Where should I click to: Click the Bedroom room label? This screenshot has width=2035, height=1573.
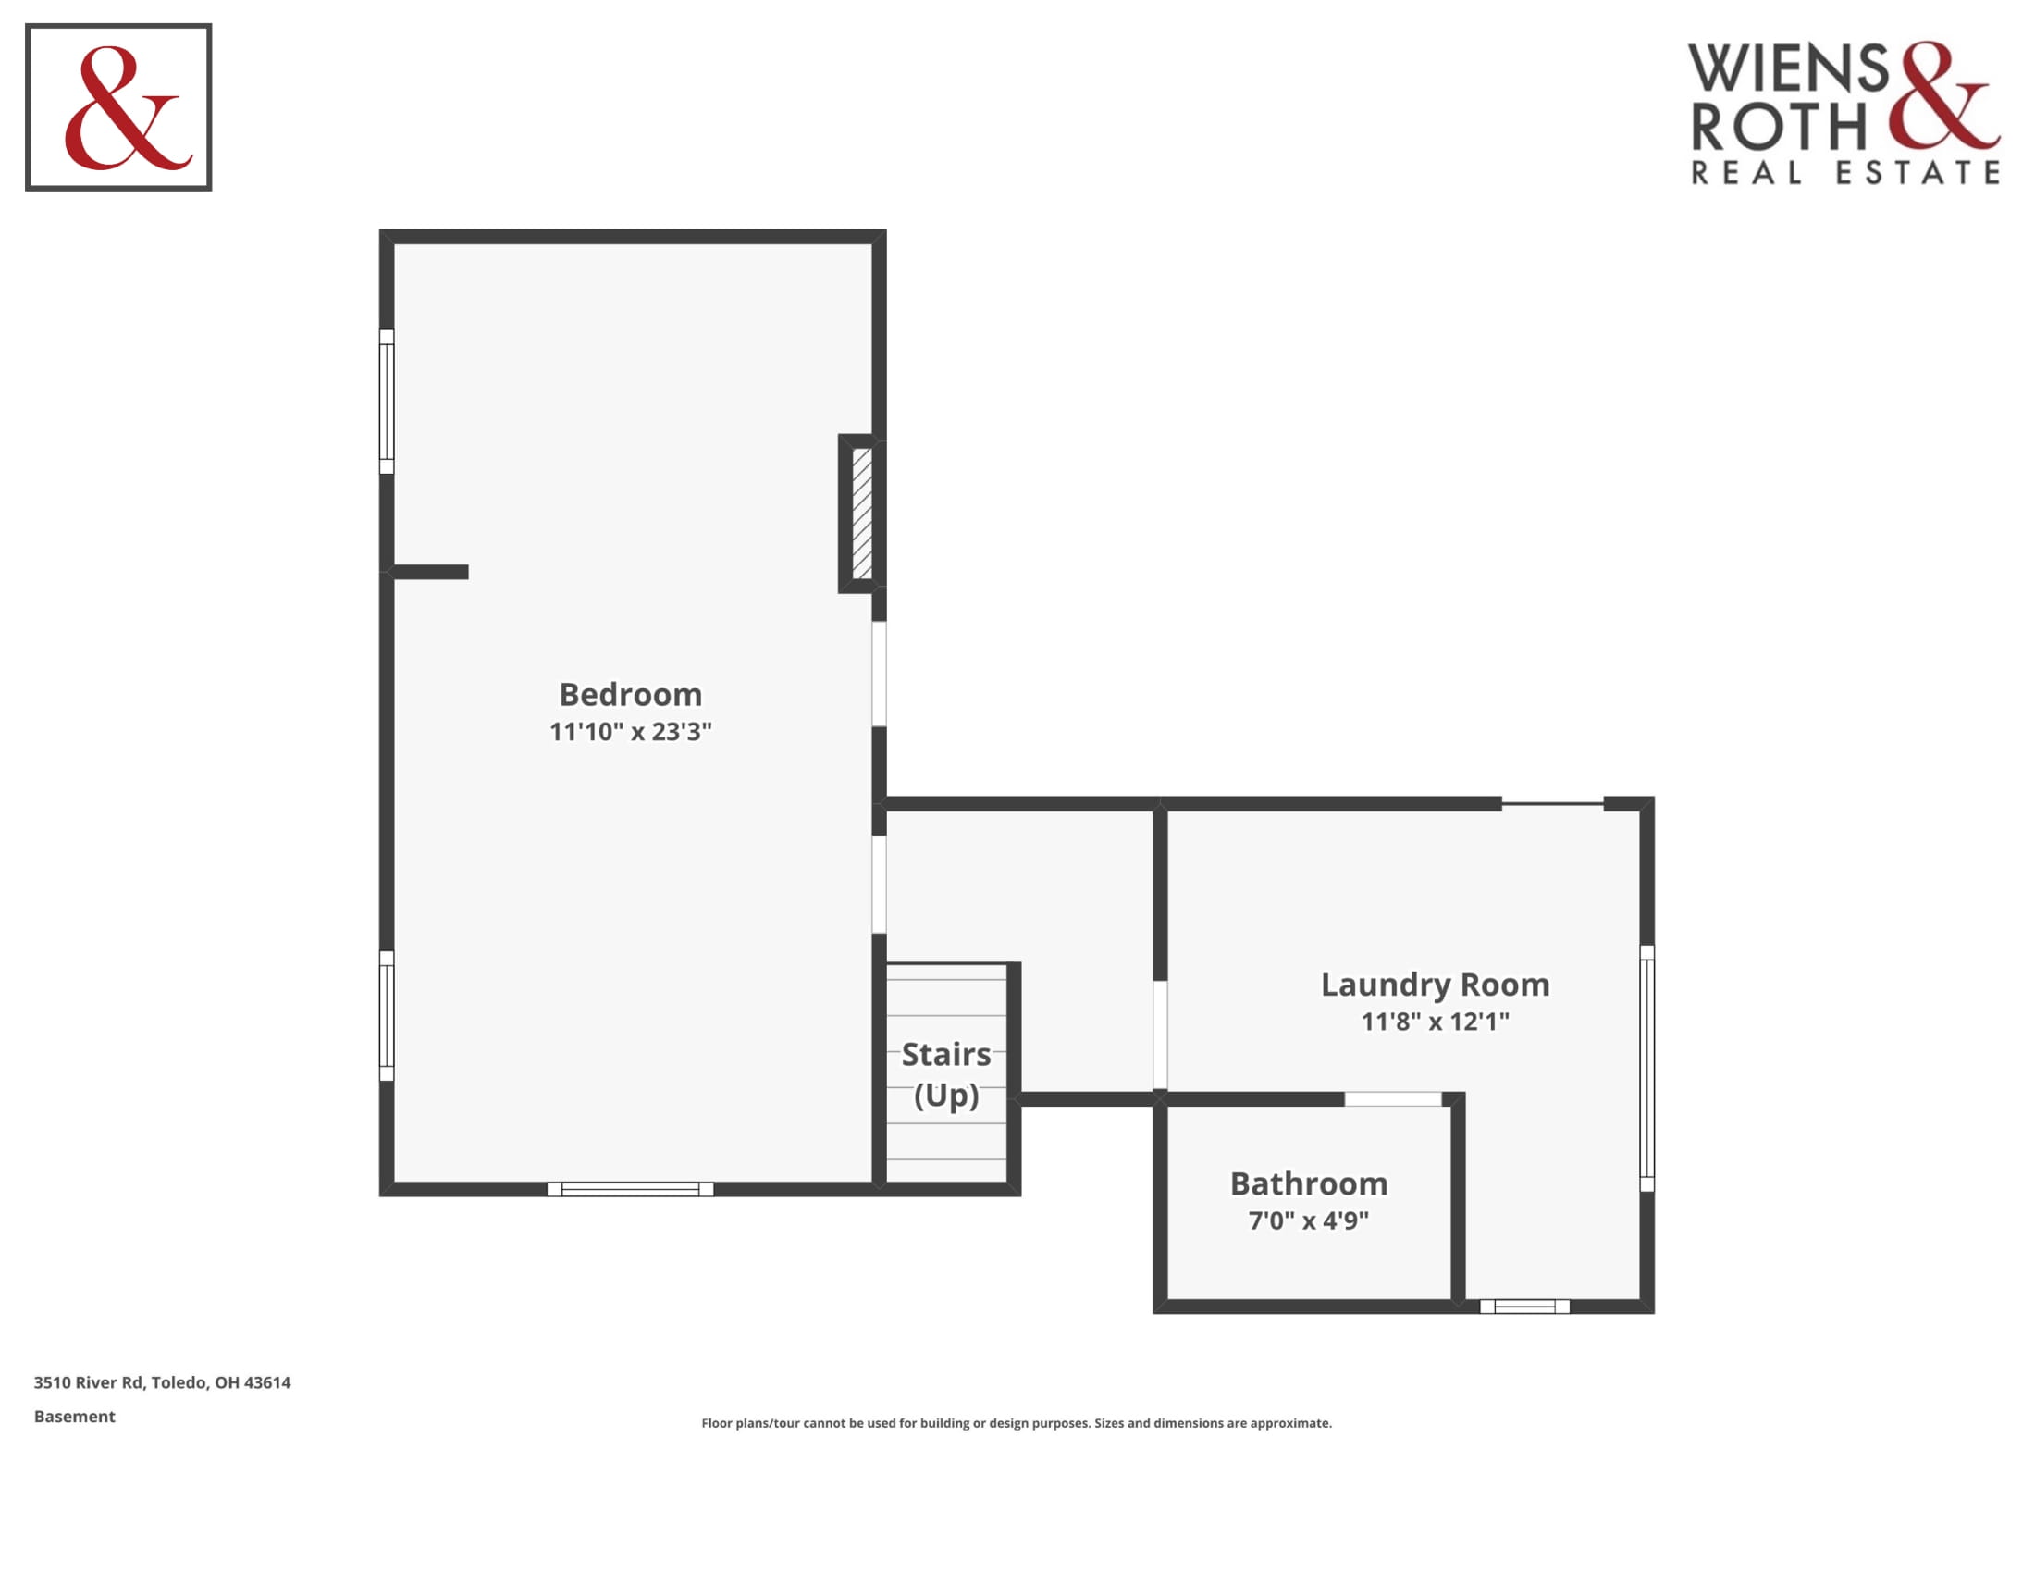(631, 694)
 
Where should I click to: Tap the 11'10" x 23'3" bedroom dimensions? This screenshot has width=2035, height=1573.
(631, 732)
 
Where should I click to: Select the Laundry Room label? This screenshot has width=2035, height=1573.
(1435, 985)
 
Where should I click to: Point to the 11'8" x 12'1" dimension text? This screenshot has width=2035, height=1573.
(1435, 1022)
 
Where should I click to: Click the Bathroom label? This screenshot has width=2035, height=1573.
(1309, 1183)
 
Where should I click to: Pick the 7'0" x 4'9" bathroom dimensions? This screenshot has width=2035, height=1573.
(1309, 1220)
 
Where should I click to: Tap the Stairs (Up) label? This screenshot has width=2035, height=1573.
(946, 1074)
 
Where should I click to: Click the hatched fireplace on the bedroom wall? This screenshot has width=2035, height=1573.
(862, 514)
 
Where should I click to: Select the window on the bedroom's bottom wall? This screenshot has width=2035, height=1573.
(630, 1189)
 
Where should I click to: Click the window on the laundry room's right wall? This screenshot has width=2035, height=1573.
(1646, 1069)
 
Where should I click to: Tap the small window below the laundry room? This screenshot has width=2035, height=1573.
(1524, 1307)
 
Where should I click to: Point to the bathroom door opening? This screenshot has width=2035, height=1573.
(1393, 1099)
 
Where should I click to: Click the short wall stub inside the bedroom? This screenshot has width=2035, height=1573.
(430, 572)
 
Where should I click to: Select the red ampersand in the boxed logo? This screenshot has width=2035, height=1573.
(128, 108)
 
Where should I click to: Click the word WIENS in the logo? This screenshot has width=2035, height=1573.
(1788, 68)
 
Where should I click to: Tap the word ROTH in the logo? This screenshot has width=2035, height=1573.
(1779, 127)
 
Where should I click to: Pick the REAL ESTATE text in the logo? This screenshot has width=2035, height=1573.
(1845, 172)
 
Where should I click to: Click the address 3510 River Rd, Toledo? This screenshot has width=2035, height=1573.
(162, 1383)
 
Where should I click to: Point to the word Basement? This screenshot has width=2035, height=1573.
(75, 1417)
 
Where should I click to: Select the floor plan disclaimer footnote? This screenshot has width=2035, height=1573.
(1017, 1423)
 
